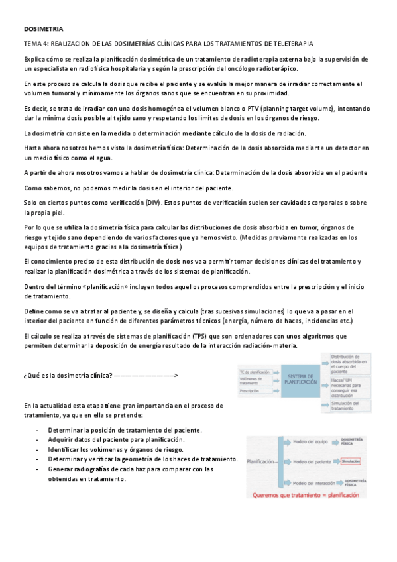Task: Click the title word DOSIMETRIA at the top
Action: [x=43, y=30]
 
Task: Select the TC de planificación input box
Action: [x=255, y=372]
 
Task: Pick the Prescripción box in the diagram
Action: [x=255, y=391]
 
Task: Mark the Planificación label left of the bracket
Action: [x=260, y=461]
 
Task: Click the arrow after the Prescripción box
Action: [x=277, y=391]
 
